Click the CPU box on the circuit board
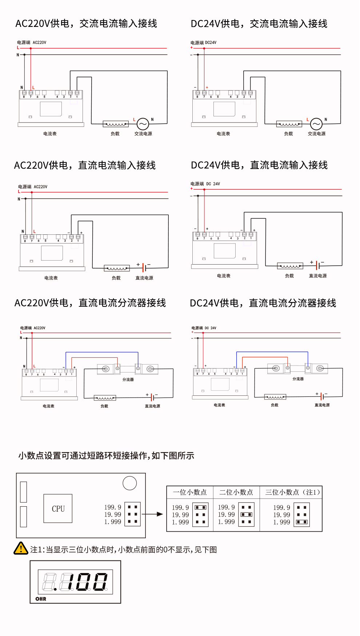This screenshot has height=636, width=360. pos(58,508)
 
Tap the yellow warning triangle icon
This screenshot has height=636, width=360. pos(21,548)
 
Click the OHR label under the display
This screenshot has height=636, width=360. pos(41,599)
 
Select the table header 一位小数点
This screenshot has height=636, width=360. pos(190,492)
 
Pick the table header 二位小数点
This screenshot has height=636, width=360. pos(236,492)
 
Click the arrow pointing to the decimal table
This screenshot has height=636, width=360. pos(152,514)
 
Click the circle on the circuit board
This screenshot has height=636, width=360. pos(130,483)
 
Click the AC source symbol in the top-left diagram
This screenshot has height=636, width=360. pos(143,124)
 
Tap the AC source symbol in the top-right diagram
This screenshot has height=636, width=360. pos(316,124)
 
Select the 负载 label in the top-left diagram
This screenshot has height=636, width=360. pos(115,134)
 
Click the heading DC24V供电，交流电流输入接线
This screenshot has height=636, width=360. pos(259,24)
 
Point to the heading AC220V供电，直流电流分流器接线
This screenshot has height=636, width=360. pos(90,303)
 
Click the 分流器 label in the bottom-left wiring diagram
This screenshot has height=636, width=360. pos(128,379)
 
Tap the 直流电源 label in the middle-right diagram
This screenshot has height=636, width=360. pos(318,276)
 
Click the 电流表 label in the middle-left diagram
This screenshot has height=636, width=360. pos(51,278)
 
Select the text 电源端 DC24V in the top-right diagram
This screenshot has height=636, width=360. pos(203,43)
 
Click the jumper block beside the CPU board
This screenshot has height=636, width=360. pos(132,514)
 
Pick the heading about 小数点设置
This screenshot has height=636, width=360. pos(106,455)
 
